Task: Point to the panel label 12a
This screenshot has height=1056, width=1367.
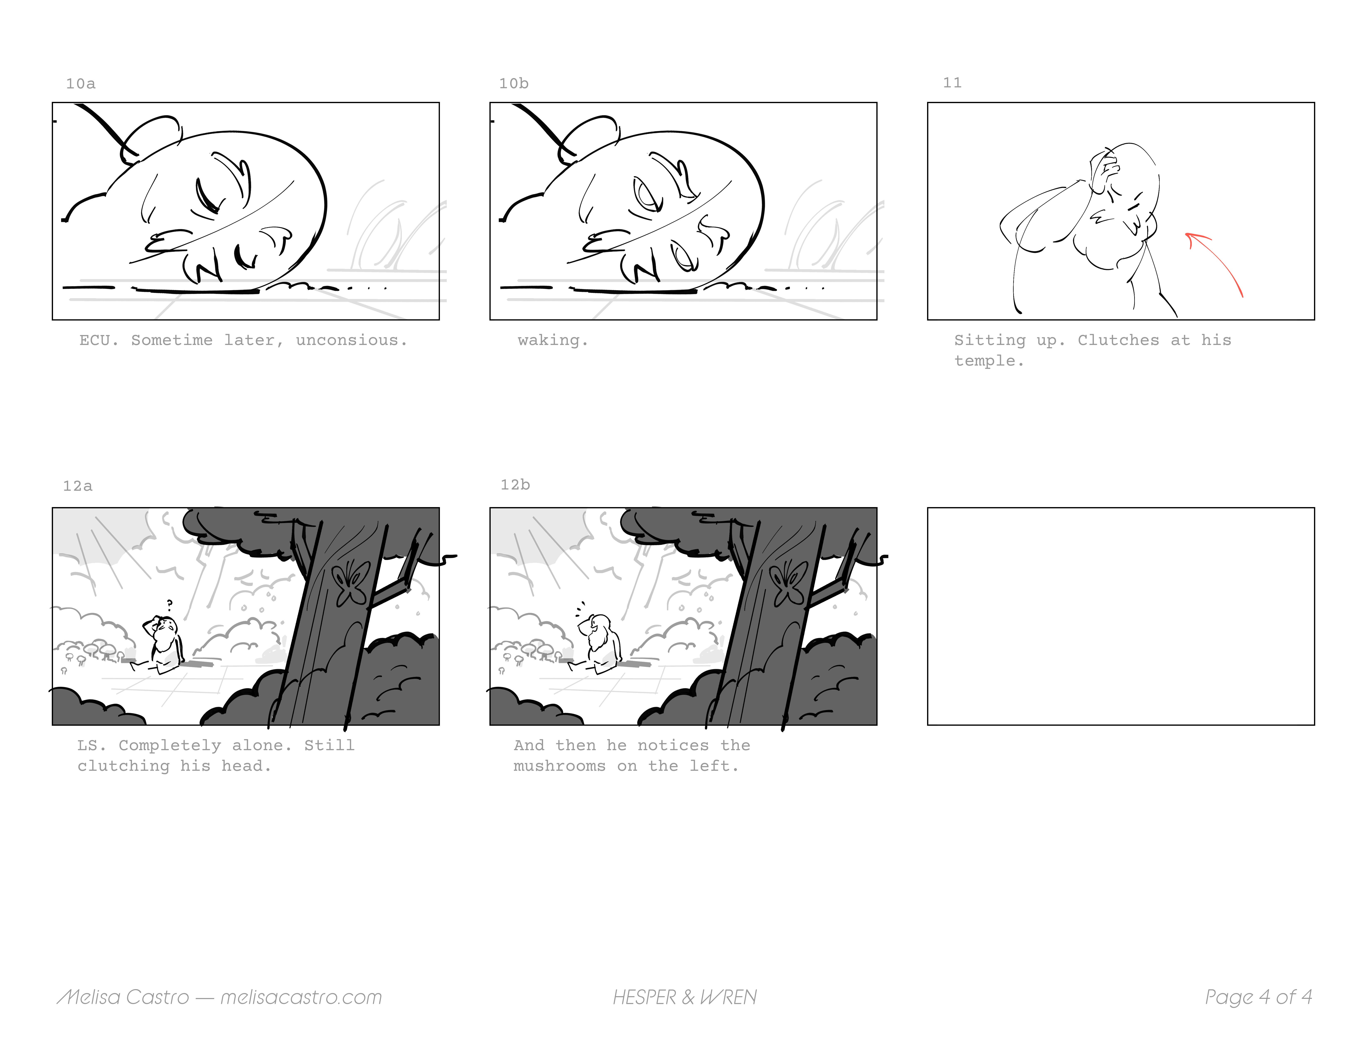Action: pyautogui.click(x=78, y=486)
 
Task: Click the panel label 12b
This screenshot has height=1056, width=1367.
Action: pyautogui.click(x=515, y=485)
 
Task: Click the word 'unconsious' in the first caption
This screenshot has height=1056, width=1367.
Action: pyautogui.click(x=351, y=340)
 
